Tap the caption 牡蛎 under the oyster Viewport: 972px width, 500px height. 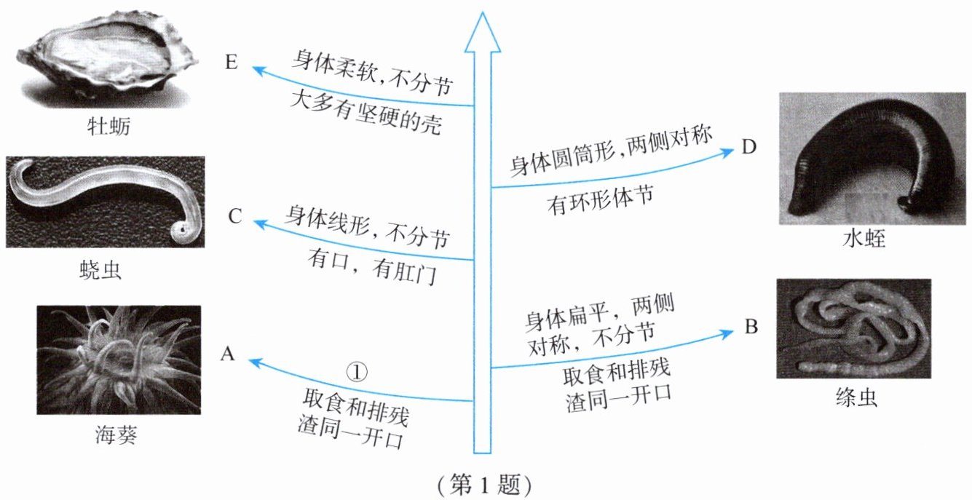tap(108, 130)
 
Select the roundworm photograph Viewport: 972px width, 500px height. tap(105, 202)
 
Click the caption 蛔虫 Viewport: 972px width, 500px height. tap(101, 271)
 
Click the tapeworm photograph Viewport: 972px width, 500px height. tap(853, 328)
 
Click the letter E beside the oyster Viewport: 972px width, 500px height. tap(232, 63)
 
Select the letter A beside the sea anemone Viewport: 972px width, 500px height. tap(228, 354)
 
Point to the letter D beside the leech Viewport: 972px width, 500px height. tap(749, 148)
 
